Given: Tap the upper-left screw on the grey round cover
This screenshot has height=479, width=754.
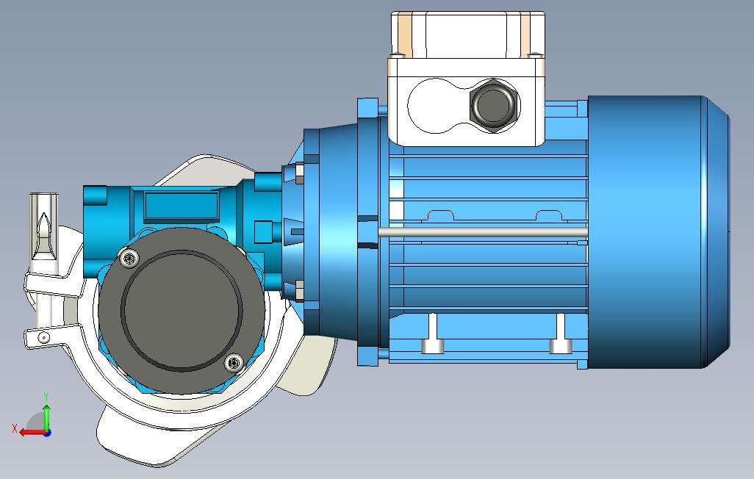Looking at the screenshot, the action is tap(129, 259).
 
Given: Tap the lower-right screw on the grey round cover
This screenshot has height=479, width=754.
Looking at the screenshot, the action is tap(234, 363).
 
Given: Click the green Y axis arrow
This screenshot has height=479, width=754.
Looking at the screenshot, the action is tap(46, 417).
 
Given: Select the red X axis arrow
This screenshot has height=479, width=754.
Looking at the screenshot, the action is tap(32, 433).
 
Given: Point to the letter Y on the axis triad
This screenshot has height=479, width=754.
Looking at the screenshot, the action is tap(46, 396).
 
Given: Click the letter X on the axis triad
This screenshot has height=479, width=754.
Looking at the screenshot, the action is tap(15, 428).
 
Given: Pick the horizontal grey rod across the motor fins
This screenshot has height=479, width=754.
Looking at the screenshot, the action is tap(483, 232).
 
